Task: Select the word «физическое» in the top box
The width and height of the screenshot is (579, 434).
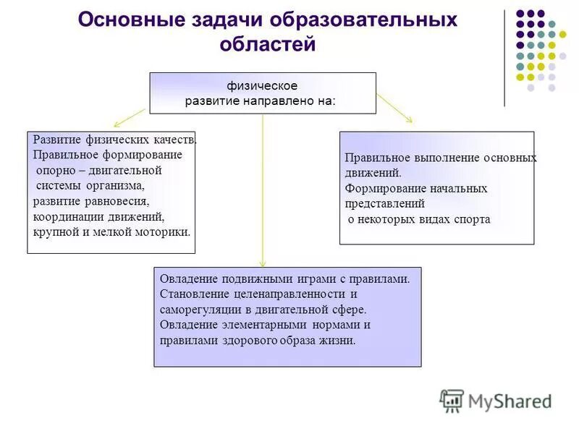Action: click(263, 86)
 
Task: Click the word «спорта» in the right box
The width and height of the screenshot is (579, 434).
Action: click(473, 219)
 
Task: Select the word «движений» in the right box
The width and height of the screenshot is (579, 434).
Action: click(372, 173)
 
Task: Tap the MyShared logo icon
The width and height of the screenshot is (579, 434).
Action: click(452, 400)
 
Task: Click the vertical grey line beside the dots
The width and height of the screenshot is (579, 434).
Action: click(504, 58)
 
